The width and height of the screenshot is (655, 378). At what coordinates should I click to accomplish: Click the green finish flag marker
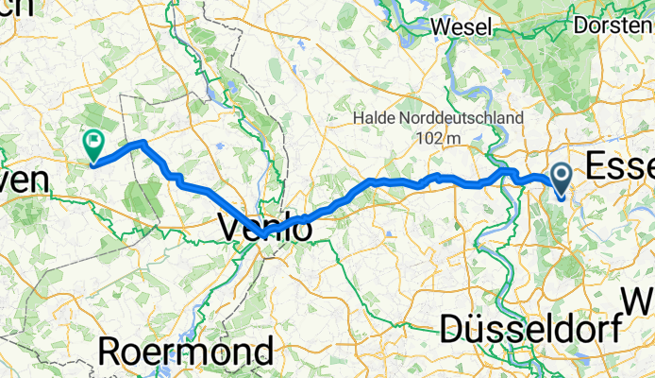click(x=93, y=145)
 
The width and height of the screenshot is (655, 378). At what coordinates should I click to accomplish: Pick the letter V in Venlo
click(x=231, y=227)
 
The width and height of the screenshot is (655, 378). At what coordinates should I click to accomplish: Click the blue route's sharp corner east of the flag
click(x=142, y=143)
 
